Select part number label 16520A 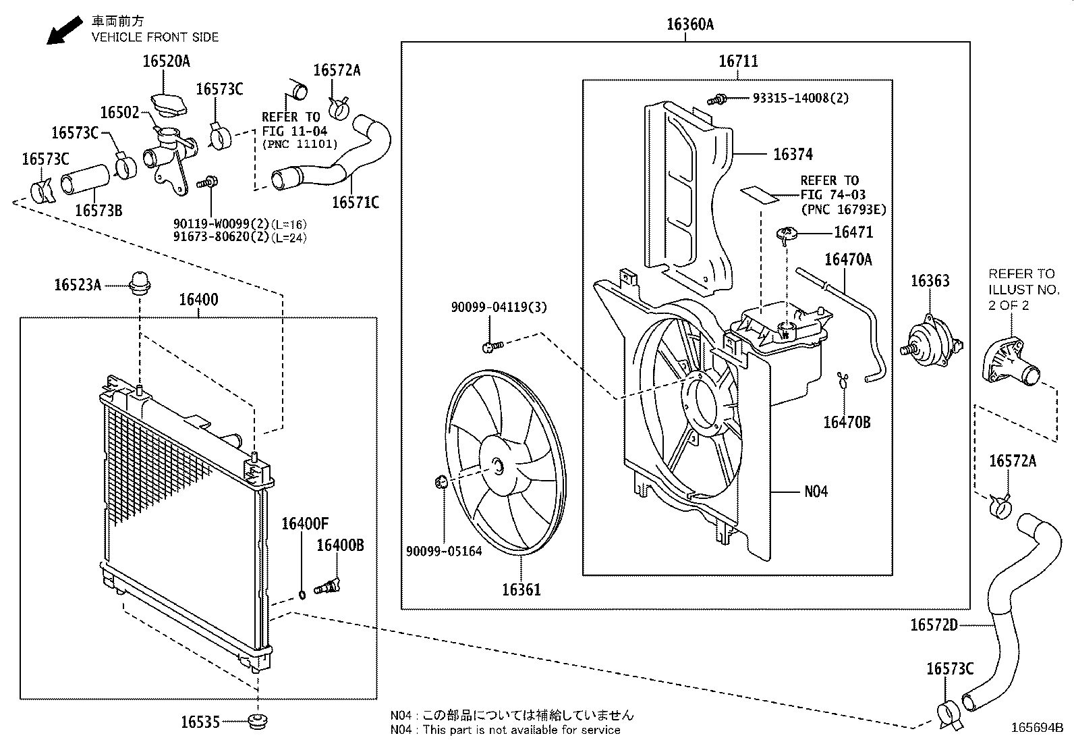point(166,61)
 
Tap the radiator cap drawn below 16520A point(168,105)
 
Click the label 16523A point(78,285)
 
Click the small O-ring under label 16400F point(302,594)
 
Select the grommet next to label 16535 point(256,721)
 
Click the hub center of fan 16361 point(497,465)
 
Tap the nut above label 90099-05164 point(442,482)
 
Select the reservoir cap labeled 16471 point(787,234)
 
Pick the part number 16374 point(793,154)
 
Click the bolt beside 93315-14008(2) point(717,99)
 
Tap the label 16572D point(933,625)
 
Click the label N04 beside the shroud point(816,492)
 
